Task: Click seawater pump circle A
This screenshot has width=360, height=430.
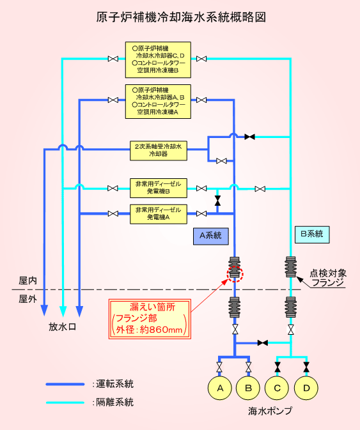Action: [x=220, y=388]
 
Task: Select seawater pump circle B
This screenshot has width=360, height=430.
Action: [x=248, y=388]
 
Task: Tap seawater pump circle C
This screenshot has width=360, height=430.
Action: [x=277, y=388]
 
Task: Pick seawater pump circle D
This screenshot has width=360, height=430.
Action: [x=306, y=388]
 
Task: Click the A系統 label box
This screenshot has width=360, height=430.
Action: [x=211, y=236]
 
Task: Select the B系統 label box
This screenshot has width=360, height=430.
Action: [x=312, y=234]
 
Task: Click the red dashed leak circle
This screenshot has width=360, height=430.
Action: [x=235, y=273]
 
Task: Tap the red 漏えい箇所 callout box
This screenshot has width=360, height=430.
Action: [x=150, y=319]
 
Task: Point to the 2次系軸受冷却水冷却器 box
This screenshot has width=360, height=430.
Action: [x=159, y=151]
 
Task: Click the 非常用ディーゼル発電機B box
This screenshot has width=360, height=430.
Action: [x=159, y=188]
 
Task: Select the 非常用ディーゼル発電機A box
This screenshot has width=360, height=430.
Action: [x=159, y=214]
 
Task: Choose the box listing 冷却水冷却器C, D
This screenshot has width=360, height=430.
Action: [x=158, y=60]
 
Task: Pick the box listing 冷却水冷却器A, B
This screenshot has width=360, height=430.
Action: [x=158, y=102]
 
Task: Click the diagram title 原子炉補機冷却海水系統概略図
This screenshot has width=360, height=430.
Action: [x=181, y=17]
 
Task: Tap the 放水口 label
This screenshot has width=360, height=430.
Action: [x=62, y=327]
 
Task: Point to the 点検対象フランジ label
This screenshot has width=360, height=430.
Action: [x=328, y=278]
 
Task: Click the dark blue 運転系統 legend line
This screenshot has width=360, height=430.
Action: [x=65, y=385]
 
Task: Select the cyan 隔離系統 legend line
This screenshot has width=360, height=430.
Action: [x=65, y=403]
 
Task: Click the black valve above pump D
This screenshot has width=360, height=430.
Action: [x=306, y=367]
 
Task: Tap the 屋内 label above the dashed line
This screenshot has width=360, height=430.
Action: [x=27, y=280]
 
